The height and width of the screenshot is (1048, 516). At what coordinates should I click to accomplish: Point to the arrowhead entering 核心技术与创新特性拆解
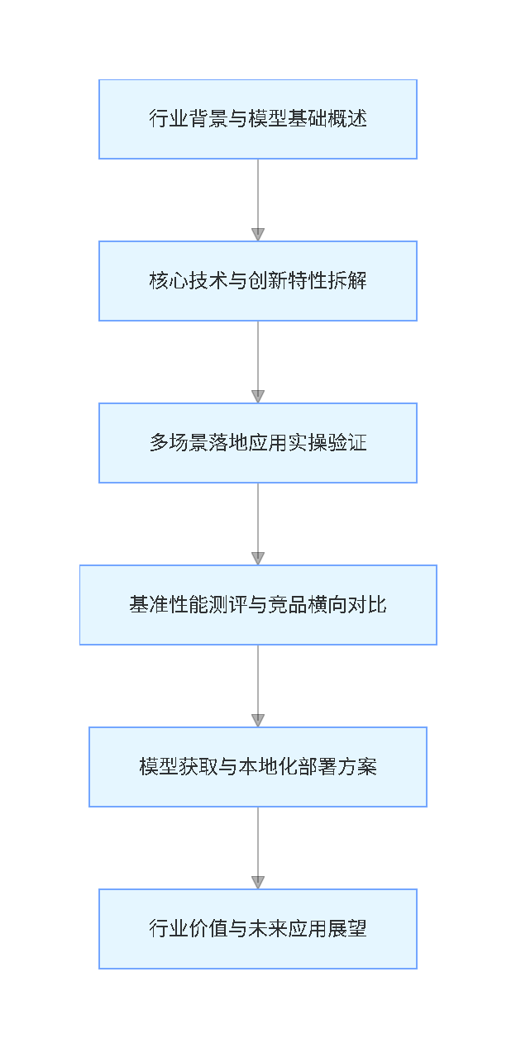[x=258, y=234]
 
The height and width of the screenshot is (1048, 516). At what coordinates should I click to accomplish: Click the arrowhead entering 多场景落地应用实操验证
[x=258, y=396]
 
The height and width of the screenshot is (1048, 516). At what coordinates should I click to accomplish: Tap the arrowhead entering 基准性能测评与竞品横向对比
[x=258, y=558]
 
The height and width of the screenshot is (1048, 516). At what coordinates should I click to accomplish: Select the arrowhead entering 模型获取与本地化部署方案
[x=258, y=720]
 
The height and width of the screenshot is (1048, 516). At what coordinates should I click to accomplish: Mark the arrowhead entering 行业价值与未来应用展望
[x=258, y=882]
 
